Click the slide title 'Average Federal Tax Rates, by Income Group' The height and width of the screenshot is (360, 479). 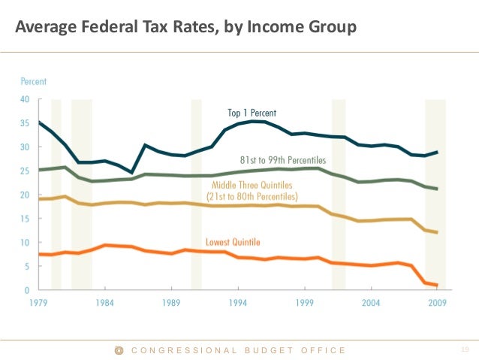point(185,28)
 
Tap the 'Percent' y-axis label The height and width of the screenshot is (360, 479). point(33,81)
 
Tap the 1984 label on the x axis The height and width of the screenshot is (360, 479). point(104,303)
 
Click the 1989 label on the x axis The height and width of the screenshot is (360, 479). point(171,303)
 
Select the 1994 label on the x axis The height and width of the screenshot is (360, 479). point(238,303)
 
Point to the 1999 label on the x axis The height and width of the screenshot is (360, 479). point(304,303)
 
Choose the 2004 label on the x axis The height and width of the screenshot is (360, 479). point(370,303)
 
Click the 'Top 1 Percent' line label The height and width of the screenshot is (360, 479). point(252,113)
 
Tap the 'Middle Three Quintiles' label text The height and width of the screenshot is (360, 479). point(251,185)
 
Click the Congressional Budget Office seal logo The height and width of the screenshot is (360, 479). point(118,350)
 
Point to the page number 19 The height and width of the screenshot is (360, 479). point(462,350)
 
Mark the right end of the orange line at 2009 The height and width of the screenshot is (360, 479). point(437,286)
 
